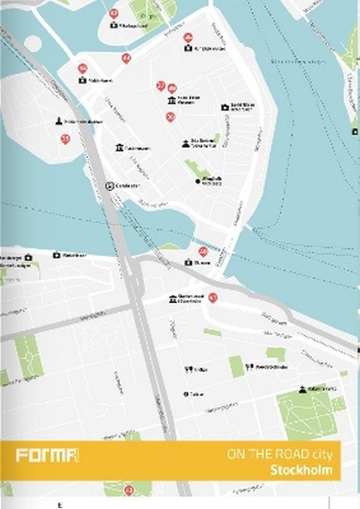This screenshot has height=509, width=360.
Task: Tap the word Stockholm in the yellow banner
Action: point(301,471)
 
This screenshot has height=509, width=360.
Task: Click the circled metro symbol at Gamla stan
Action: point(110,186)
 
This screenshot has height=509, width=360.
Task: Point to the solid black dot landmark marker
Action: point(198,181)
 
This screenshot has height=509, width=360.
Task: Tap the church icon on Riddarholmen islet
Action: point(59,121)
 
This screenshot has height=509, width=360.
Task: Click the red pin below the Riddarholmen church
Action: point(65,139)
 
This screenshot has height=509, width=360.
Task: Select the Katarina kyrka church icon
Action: point(302,389)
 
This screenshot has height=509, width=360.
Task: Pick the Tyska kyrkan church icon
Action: point(185,143)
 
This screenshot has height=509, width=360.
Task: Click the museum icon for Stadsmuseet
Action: point(173,298)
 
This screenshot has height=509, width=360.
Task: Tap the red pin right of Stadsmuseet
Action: point(212,298)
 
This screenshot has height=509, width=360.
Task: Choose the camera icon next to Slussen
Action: point(188,263)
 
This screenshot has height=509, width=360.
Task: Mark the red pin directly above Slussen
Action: point(203,251)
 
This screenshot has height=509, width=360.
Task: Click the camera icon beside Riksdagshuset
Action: point(114,26)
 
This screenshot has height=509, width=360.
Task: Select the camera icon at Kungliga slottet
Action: point(188,49)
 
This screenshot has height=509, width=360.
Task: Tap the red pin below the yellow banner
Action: point(129,489)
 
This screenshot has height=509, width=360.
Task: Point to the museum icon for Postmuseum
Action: point(119,148)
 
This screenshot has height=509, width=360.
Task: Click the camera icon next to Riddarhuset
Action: point(83,80)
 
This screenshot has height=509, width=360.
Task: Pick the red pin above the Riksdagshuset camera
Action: point(114,13)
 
